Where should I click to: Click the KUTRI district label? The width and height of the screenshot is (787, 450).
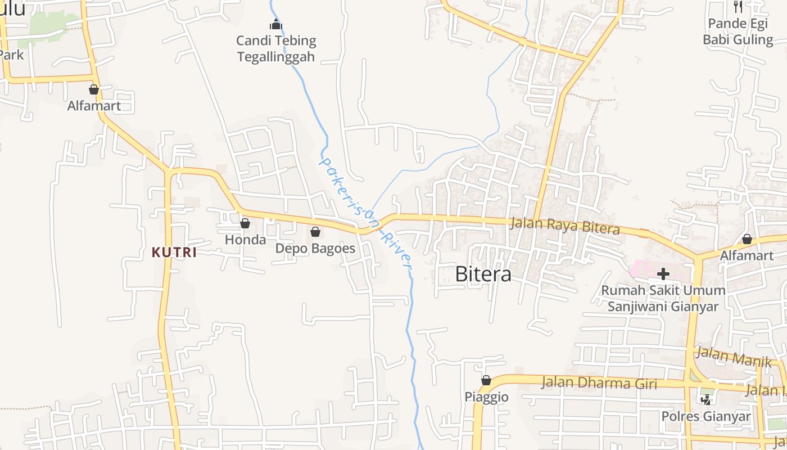click(174, 253)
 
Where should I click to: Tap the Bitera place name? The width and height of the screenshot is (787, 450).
click(483, 274)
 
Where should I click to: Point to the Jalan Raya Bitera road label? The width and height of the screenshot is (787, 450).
click(565, 226)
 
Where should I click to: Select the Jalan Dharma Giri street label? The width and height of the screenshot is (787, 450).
click(599, 383)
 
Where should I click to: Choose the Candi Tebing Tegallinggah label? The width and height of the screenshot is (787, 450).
click(276, 48)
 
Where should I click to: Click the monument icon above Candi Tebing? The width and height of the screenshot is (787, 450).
click(275, 24)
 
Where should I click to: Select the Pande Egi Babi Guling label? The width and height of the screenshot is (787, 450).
click(738, 31)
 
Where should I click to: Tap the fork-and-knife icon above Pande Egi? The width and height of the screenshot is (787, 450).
click(738, 7)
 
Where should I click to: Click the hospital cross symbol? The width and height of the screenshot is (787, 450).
click(663, 274)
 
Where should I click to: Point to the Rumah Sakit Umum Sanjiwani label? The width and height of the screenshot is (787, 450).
click(663, 299)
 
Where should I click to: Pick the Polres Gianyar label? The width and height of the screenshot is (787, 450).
click(705, 417)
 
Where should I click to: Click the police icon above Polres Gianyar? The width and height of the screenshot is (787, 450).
click(705, 399)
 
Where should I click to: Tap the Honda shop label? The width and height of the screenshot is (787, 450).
click(245, 240)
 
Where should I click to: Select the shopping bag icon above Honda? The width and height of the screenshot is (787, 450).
click(245, 223)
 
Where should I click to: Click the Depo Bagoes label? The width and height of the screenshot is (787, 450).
click(315, 248)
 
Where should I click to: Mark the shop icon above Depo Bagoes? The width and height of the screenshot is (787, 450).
click(315, 232)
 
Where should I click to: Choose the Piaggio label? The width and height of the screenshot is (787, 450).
click(486, 397)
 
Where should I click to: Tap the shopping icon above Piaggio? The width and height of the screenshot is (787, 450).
click(486, 381)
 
